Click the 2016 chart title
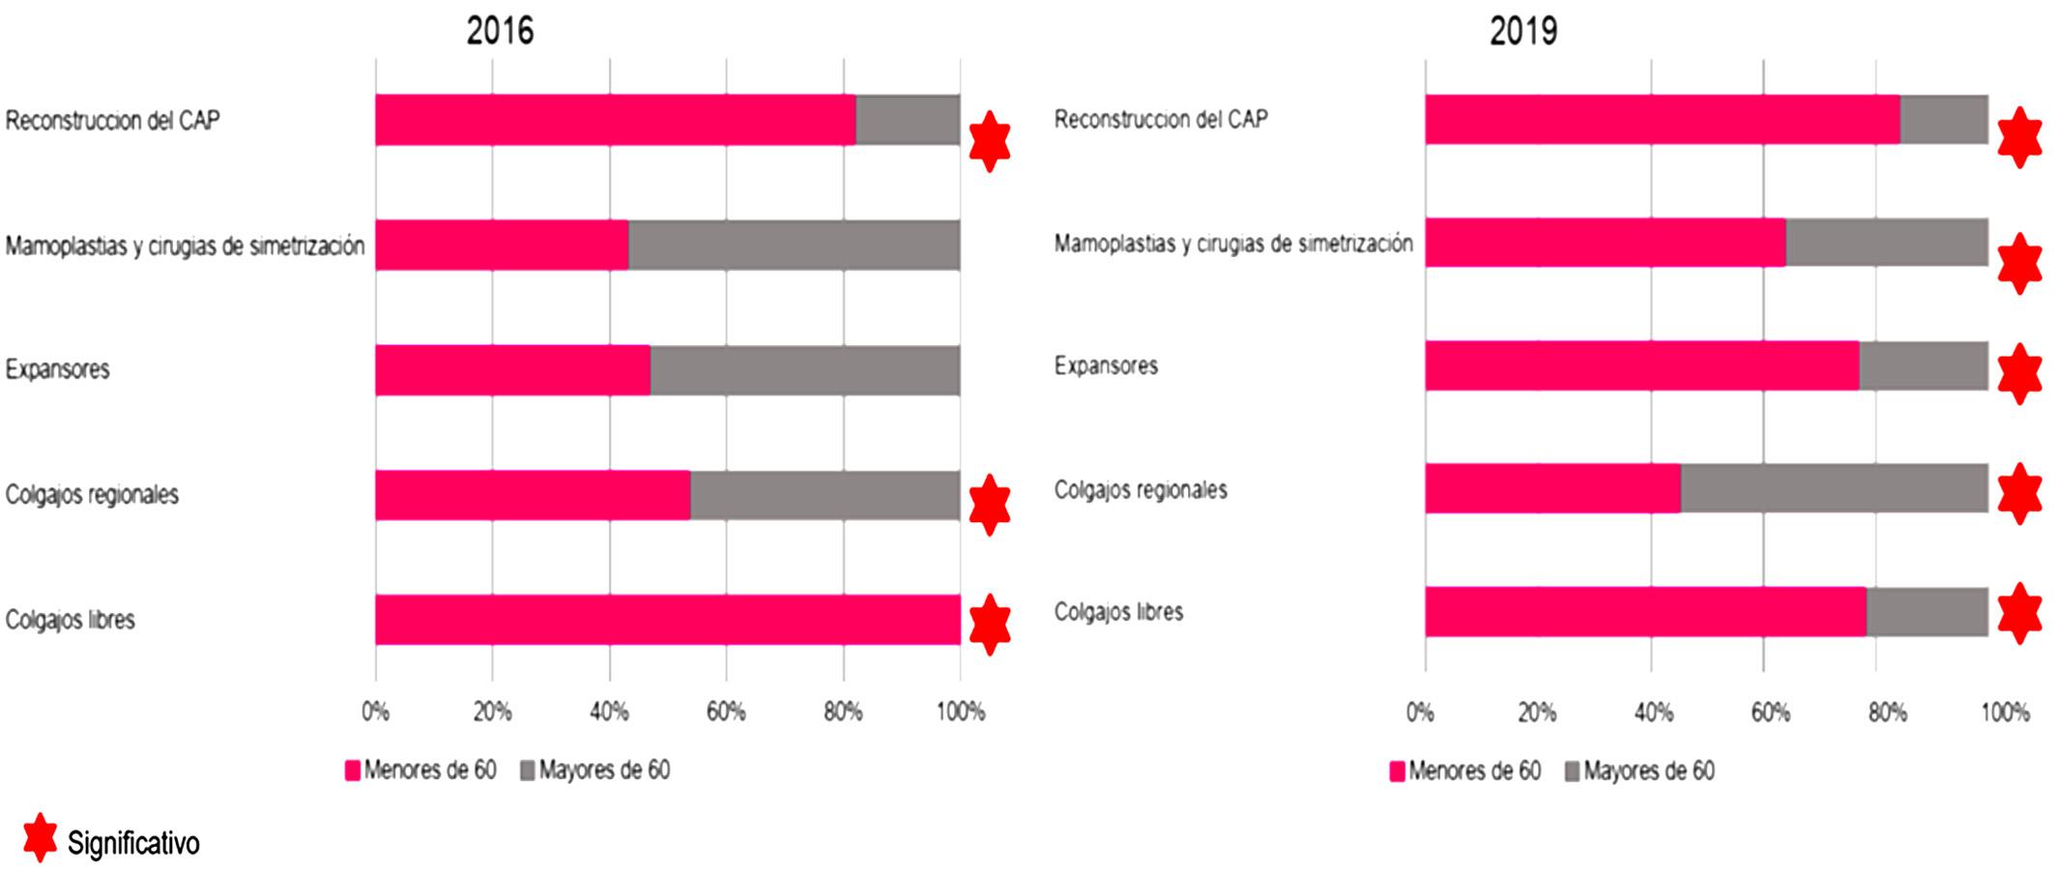click(x=500, y=31)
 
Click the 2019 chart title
click(x=1523, y=31)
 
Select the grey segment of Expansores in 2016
click(x=804, y=370)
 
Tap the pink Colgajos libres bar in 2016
click(x=667, y=620)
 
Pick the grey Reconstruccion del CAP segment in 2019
click(x=1944, y=120)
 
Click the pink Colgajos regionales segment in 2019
click(x=1552, y=488)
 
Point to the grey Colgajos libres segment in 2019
click(x=1926, y=612)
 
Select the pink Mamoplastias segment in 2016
click(x=502, y=246)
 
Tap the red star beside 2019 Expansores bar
click(x=2019, y=373)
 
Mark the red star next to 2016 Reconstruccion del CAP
click(x=990, y=141)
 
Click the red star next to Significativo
click(x=40, y=837)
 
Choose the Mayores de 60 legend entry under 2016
click(x=594, y=771)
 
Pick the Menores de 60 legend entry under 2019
click(x=1464, y=771)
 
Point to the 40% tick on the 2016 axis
click(x=609, y=713)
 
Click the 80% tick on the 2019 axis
click(x=1887, y=713)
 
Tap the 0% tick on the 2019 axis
click(x=1420, y=713)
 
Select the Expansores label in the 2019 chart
click(x=1106, y=366)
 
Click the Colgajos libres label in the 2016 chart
click(x=71, y=620)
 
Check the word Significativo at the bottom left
click(x=133, y=844)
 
